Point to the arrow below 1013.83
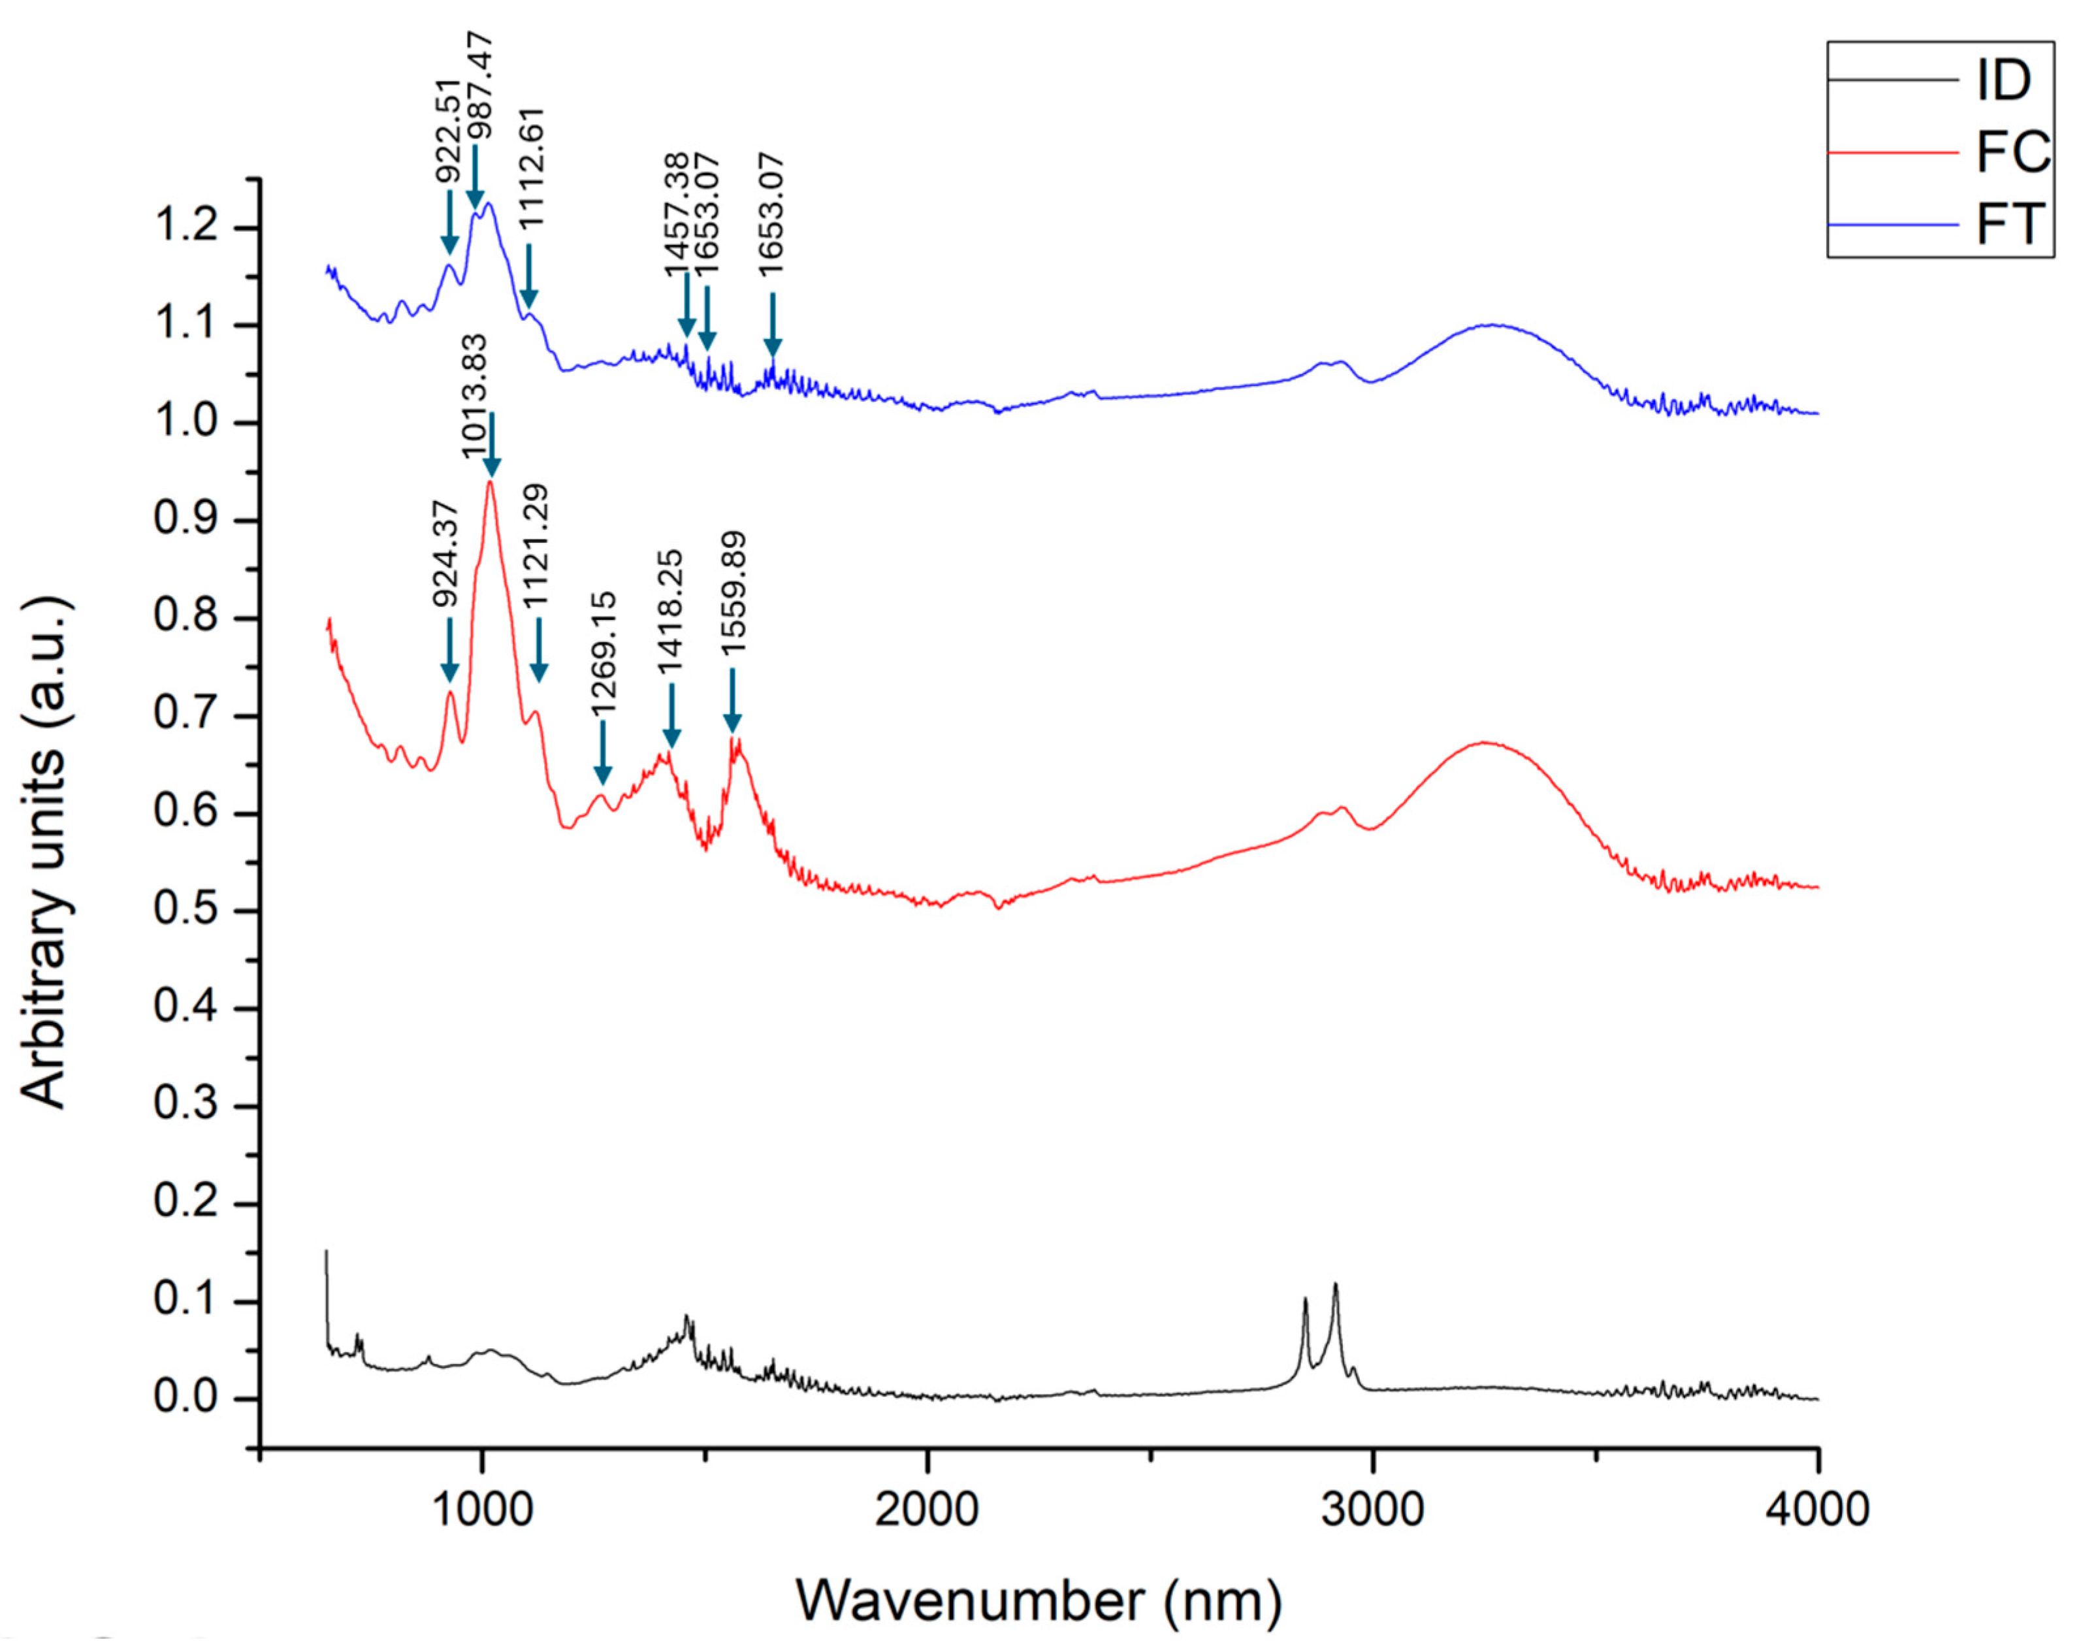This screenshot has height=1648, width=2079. pyautogui.click(x=492, y=445)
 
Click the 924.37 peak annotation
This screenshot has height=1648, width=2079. pyautogui.click(x=445, y=553)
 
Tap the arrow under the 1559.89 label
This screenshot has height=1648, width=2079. pyautogui.click(x=732, y=700)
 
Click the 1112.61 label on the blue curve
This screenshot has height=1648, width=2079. pyautogui.click(x=531, y=167)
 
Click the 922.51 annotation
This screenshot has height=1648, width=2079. pyautogui.click(x=445, y=131)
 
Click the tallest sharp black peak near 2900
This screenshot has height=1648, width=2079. pyautogui.click(x=1336, y=1286)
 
